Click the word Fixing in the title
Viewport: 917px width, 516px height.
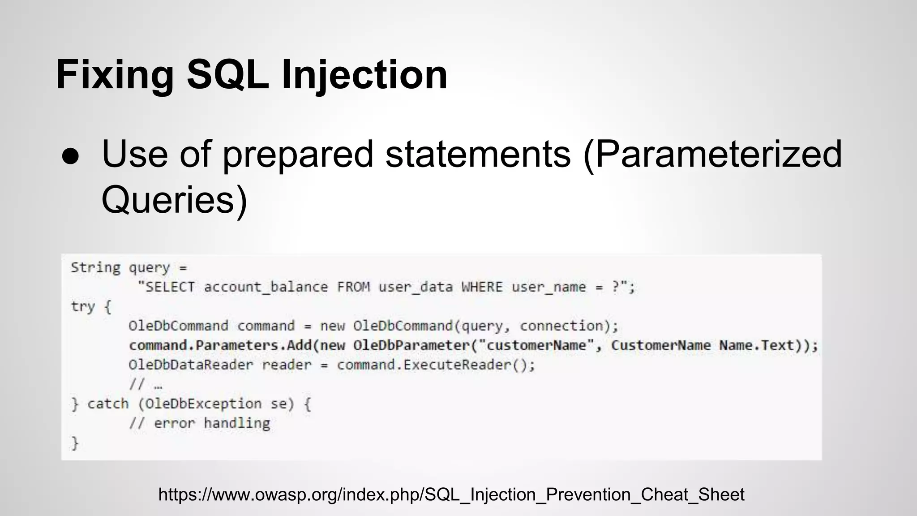(115, 75)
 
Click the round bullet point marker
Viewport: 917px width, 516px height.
(71, 156)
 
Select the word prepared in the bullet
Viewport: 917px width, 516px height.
(297, 155)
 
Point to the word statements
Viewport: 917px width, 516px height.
(478, 155)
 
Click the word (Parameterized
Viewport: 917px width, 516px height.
(712, 155)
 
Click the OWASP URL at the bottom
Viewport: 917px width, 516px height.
(451, 494)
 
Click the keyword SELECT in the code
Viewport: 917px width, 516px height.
(170, 287)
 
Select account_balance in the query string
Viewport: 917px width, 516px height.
(266, 287)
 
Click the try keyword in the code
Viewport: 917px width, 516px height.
(83, 306)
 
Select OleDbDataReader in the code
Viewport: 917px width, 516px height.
(191, 365)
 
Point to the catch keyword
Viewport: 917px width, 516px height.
(107, 404)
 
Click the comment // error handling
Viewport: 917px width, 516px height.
(200, 423)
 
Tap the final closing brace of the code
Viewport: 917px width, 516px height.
(75, 443)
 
